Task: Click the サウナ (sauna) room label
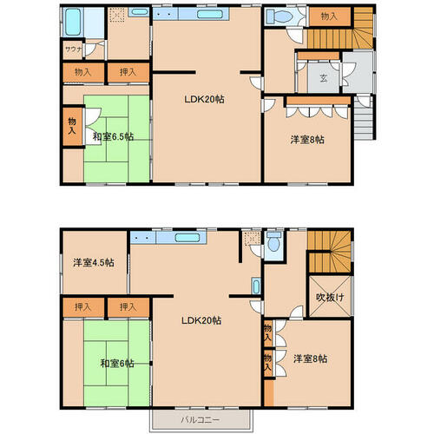(74, 49)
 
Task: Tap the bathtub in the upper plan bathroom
(73, 22)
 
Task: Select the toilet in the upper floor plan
(279, 16)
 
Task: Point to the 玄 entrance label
(324, 77)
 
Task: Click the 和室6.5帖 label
(113, 136)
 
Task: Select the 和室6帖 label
(117, 363)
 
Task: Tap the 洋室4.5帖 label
(94, 262)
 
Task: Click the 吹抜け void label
(330, 297)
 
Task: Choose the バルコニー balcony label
(201, 419)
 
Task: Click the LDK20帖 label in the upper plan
(204, 99)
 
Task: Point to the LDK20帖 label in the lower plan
(201, 320)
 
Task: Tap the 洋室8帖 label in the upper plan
(307, 140)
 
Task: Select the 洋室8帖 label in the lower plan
(311, 358)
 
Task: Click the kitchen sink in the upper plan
(210, 14)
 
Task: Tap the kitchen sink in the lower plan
(187, 238)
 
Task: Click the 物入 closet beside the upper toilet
(330, 16)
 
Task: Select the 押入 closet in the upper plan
(128, 72)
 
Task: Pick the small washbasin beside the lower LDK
(256, 286)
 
